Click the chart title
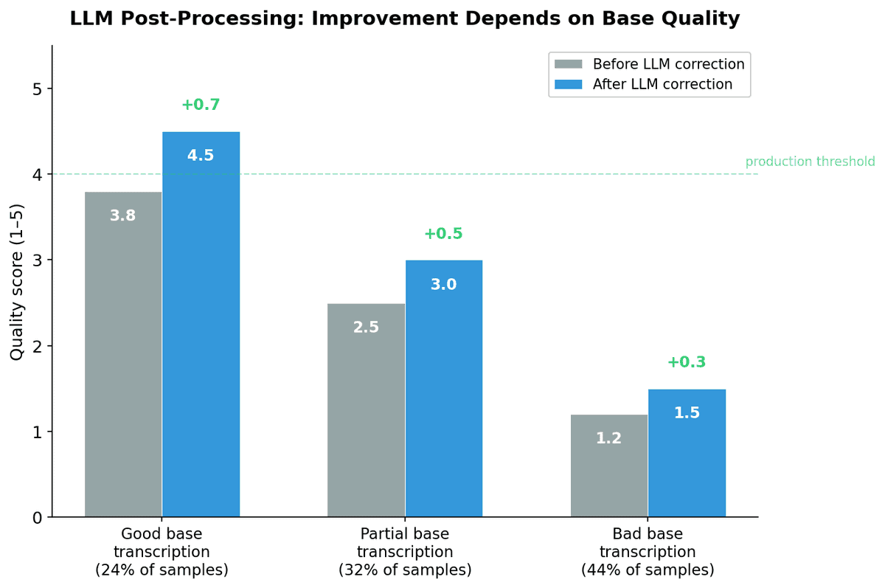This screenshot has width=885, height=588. (404, 19)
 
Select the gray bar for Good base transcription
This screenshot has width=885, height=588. (123, 354)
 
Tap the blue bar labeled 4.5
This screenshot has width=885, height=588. (201, 325)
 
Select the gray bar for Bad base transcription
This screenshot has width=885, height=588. (609, 466)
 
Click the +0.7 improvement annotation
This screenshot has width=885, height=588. (201, 105)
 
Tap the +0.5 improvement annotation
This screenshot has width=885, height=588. (443, 234)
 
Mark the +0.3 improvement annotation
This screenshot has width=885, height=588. (687, 362)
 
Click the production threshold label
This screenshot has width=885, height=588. (810, 162)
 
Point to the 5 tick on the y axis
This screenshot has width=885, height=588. (37, 89)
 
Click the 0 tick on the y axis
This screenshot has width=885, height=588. (37, 518)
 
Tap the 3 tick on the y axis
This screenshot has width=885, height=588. (37, 260)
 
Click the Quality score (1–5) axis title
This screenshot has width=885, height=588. (16, 281)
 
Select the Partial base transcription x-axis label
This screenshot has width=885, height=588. (404, 552)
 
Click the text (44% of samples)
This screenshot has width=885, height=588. (648, 570)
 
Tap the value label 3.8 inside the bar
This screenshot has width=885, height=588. (122, 216)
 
